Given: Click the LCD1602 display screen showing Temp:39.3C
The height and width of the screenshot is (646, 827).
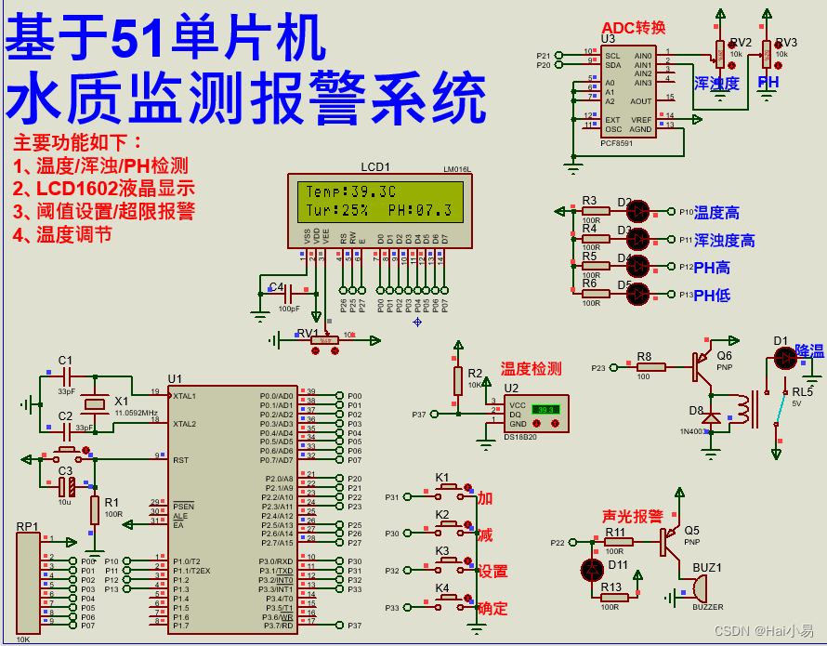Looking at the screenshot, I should [380, 201].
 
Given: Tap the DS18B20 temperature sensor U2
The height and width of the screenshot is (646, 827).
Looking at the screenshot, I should [536, 412].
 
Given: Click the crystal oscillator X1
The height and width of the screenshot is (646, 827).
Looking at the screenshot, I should [95, 403].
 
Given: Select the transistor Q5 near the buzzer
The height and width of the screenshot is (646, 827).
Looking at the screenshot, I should [670, 541].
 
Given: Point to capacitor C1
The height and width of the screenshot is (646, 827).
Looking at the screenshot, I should [65, 376].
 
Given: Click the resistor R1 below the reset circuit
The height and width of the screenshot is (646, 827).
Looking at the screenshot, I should [94, 509].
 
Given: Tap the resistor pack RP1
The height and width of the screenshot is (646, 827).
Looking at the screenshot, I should [28, 581].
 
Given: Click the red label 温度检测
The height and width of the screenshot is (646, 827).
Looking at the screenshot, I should [531, 369].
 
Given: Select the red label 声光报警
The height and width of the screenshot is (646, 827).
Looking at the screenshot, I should [632, 516].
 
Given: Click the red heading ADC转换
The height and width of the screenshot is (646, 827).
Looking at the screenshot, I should [634, 28].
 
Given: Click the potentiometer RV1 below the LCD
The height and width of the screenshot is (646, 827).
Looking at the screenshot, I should [323, 340].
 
